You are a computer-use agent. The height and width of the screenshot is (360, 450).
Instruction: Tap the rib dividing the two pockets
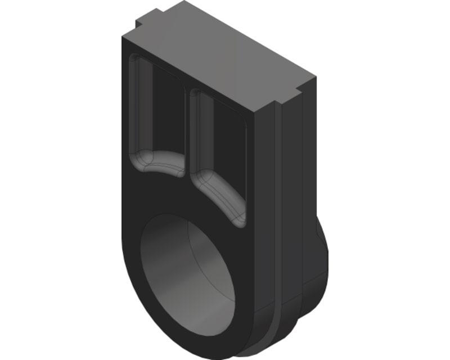tap(187, 129)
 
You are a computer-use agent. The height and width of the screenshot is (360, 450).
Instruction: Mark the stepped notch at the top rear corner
tap(143, 22)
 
